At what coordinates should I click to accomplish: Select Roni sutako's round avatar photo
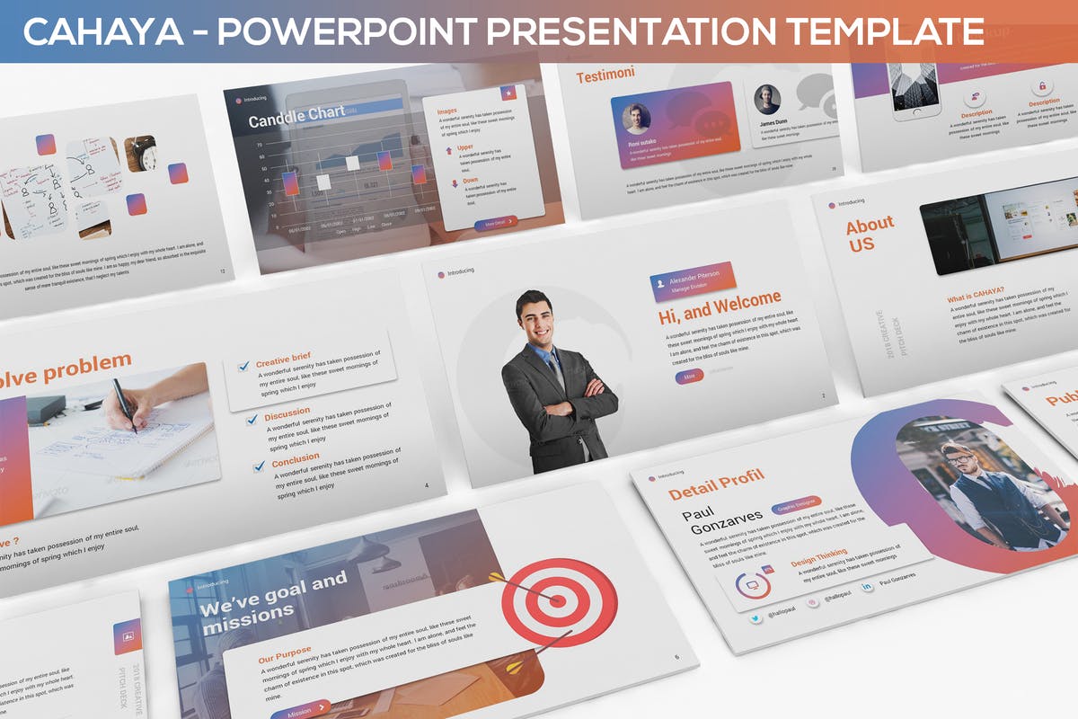coord(636,119)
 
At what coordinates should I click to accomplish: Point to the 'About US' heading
coord(869,233)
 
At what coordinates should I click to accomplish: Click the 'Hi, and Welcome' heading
coord(720,308)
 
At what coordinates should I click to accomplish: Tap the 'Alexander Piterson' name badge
coord(694,280)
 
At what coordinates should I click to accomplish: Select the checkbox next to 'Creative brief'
coord(243,367)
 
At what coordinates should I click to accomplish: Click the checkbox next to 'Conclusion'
coord(260,467)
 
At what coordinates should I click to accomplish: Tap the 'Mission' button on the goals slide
coord(300,710)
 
